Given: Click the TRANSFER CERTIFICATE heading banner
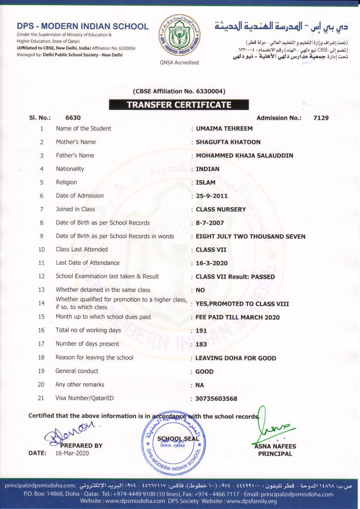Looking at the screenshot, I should coord(179,104).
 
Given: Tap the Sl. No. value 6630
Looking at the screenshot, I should coord(73,118).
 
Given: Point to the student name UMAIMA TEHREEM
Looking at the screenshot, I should coord(224,128).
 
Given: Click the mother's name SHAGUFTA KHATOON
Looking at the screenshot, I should coord(228,142).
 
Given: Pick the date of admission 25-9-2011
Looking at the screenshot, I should coord(212,196).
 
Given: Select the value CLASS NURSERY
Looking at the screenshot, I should coord(221,209).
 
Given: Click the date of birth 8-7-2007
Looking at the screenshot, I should coord(209,223).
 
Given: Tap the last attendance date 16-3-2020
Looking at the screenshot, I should coord(212,263).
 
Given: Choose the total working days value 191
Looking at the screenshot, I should coord(201,331).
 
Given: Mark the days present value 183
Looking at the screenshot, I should coord(201,344).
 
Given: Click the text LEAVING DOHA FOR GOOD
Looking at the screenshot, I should coord(236,358).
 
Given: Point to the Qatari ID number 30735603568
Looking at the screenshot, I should coord(216,399).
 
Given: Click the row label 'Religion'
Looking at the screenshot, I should coord(66,182).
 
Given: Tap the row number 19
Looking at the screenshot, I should coord(41,371).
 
